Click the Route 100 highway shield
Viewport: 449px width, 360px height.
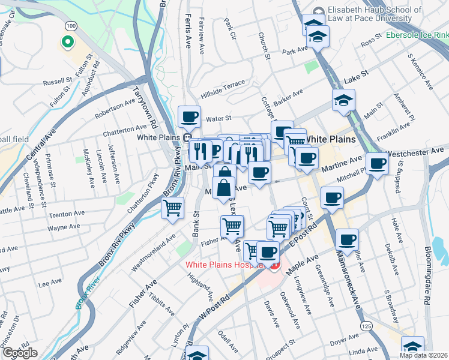[x=71, y=26]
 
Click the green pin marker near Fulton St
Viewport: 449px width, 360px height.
[x=67, y=43]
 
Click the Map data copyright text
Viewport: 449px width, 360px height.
[x=423, y=355]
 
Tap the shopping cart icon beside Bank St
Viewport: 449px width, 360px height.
[x=172, y=208]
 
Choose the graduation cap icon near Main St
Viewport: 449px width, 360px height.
[x=344, y=100]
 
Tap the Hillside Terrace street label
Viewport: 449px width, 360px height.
[x=223, y=87]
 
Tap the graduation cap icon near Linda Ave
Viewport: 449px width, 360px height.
[x=412, y=347]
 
